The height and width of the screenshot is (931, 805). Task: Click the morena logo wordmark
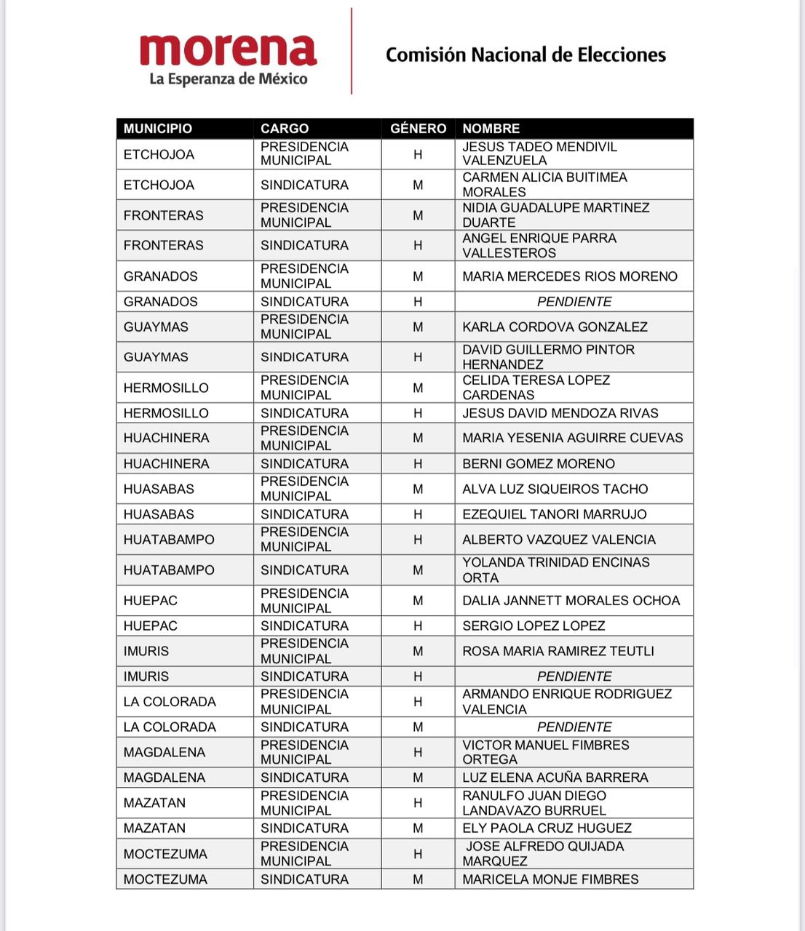228,49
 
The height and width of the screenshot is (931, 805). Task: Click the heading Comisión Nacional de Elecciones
526,55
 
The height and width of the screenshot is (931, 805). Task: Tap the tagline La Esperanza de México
228,79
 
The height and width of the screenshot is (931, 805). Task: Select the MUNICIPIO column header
158,129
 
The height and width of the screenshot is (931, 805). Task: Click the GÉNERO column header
418,129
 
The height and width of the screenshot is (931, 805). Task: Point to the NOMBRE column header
491,129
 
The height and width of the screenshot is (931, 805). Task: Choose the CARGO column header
285,129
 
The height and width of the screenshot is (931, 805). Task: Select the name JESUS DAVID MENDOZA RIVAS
560,413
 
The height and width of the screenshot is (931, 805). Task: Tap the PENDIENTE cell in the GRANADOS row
574,302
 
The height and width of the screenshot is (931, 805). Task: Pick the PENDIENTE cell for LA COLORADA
574,727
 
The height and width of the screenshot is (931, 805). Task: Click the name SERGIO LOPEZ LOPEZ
534,626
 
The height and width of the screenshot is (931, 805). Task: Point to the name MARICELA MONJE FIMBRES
550,879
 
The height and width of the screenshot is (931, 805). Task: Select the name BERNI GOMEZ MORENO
539,464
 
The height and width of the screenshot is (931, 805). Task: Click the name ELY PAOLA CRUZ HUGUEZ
547,828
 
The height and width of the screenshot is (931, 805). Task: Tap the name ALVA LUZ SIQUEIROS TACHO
555,490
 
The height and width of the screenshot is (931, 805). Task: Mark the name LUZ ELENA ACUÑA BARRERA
555,778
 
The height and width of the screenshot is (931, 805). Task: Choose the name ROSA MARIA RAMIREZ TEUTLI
558,651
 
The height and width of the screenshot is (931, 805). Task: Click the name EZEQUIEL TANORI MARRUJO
554,514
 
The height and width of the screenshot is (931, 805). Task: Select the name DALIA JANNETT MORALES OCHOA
571,601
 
